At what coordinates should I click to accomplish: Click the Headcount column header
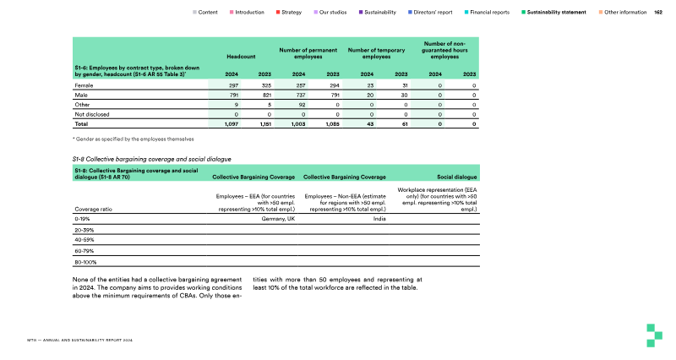pyautogui.click(x=241, y=57)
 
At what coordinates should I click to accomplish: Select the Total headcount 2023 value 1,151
pyautogui.click(x=264, y=124)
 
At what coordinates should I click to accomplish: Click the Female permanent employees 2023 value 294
pyautogui.click(x=333, y=86)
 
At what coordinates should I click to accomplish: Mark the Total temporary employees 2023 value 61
pyautogui.click(x=405, y=124)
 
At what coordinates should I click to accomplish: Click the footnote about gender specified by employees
pyautogui.click(x=134, y=139)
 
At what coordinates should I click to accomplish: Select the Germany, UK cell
pyautogui.click(x=278, y=218)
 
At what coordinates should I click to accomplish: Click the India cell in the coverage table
pyautogui.click(x=379, y=218)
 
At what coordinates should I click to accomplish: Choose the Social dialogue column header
pyautogui.click(x=457, y=177)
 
